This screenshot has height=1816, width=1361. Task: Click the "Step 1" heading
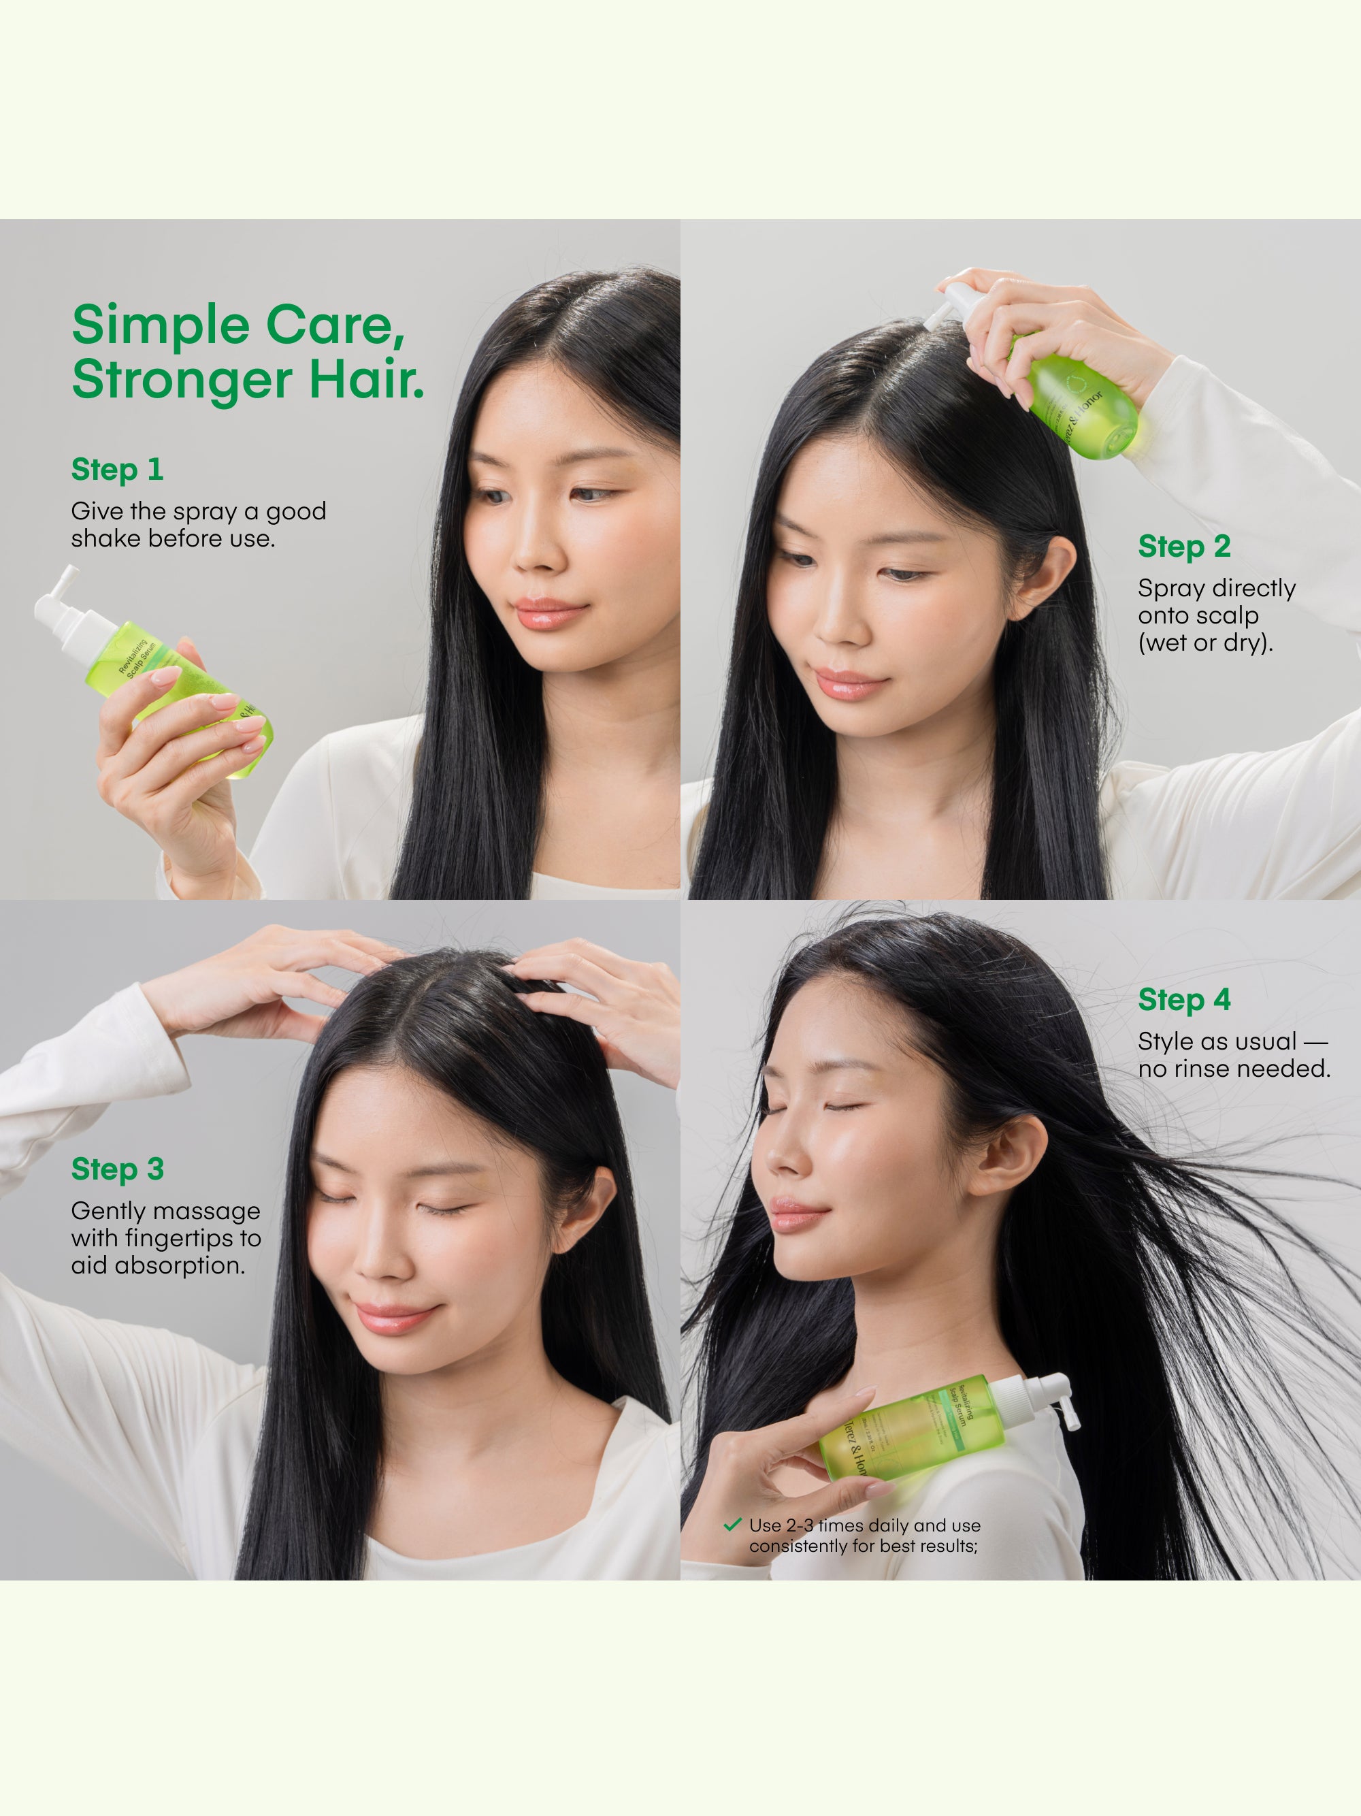click(117, 470)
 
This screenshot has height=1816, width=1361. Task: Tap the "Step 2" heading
click(1183, 547)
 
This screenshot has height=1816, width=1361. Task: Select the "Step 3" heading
click(117, 1169)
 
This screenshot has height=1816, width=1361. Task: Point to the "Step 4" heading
click(1183, 1000)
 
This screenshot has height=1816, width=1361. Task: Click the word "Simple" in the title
click(160, 326)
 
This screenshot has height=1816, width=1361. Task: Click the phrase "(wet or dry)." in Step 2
click(1205, 643)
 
